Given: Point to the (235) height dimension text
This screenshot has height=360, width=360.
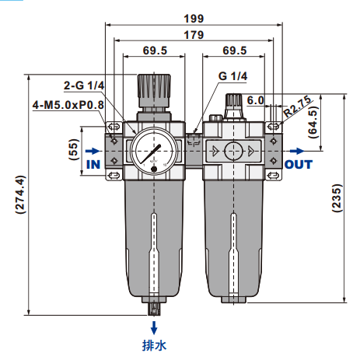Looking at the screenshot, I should [x=336, y=200].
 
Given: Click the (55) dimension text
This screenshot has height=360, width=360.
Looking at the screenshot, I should [x=75, y=149].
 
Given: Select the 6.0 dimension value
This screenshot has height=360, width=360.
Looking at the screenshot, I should [x=256, y=100].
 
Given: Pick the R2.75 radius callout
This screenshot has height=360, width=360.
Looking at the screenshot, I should [x=297, y=105].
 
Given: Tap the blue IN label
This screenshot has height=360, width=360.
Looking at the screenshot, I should [x=93, y=165].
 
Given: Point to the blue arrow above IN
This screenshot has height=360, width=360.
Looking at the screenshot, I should [x=91, y=150].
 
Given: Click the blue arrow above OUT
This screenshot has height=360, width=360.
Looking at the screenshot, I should [x=296, y=150].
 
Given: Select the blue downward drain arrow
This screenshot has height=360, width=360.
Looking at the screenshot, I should [x=154, y=327].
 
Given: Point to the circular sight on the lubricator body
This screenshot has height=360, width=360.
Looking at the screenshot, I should [x=233, y=150].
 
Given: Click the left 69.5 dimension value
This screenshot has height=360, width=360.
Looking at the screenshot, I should [x=156, y=52].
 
